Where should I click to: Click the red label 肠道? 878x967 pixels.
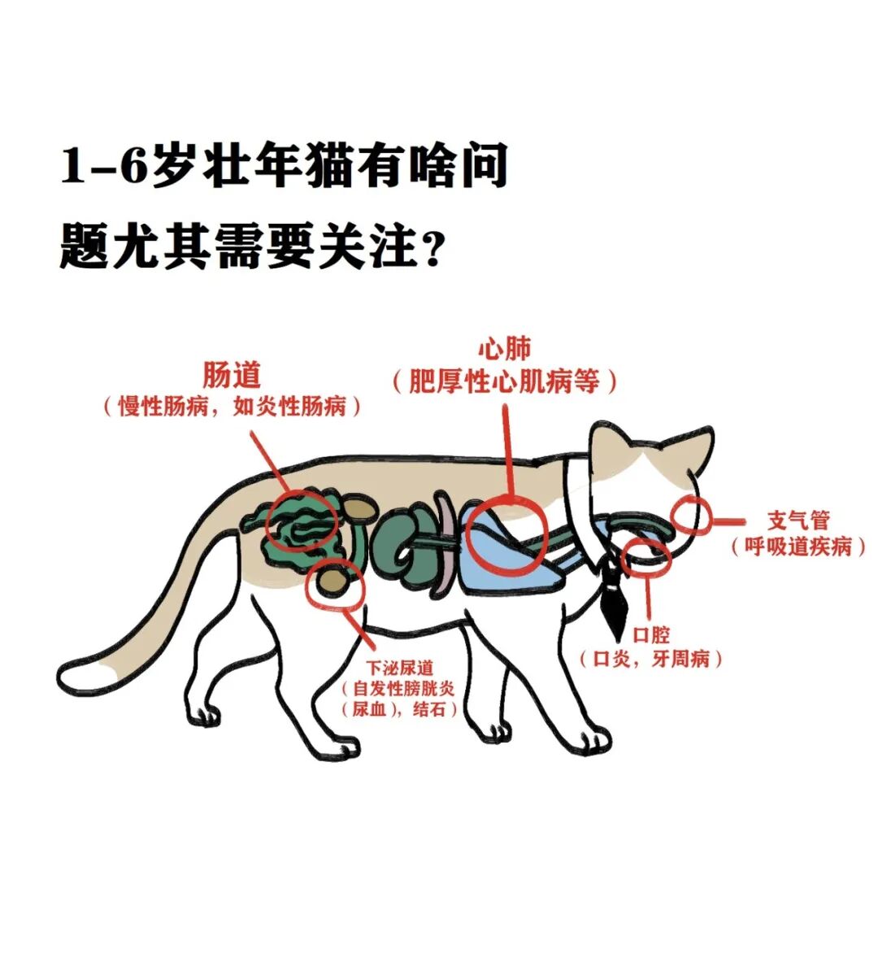(232, 376)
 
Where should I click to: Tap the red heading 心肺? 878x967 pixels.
(504, 350)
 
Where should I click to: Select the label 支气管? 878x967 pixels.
(798, 521)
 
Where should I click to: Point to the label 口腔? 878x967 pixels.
(651, 635)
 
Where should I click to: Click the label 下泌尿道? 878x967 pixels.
(399, 668)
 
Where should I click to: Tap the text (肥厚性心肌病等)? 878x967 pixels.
(504, 381)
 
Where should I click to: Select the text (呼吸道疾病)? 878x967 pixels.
(798, 547)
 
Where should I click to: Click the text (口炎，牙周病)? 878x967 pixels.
(650, 659)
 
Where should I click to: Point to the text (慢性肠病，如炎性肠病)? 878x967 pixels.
(232, 407)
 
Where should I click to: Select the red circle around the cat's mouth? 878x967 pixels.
(645, 555)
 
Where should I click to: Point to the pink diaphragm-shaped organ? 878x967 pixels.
(446, 545)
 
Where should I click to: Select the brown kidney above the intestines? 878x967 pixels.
(360, 508)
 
